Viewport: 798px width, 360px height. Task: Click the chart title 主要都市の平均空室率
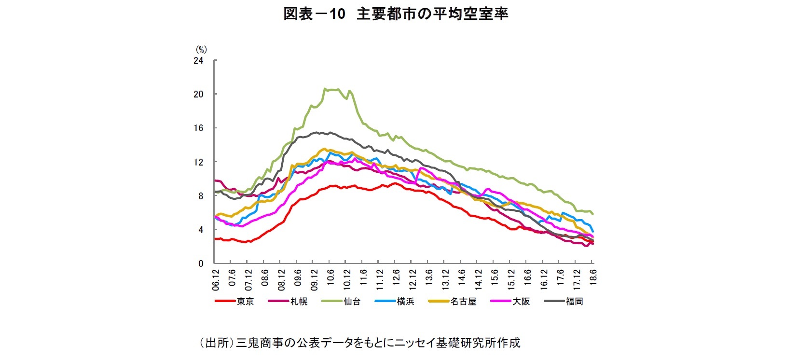432,14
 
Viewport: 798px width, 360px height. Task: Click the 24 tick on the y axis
198,61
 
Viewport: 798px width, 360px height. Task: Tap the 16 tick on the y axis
198,128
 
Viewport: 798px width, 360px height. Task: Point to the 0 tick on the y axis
201,264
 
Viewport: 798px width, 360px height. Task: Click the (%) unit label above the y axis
201,49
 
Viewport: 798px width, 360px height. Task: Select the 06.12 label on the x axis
216,280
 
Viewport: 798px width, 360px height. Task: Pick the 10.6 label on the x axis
330,278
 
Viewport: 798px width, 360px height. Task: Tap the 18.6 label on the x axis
593,278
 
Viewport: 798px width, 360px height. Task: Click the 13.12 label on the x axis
445,280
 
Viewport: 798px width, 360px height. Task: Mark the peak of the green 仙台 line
325,89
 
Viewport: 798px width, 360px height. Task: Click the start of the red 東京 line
215,239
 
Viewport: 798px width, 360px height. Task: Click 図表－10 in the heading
314,14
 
